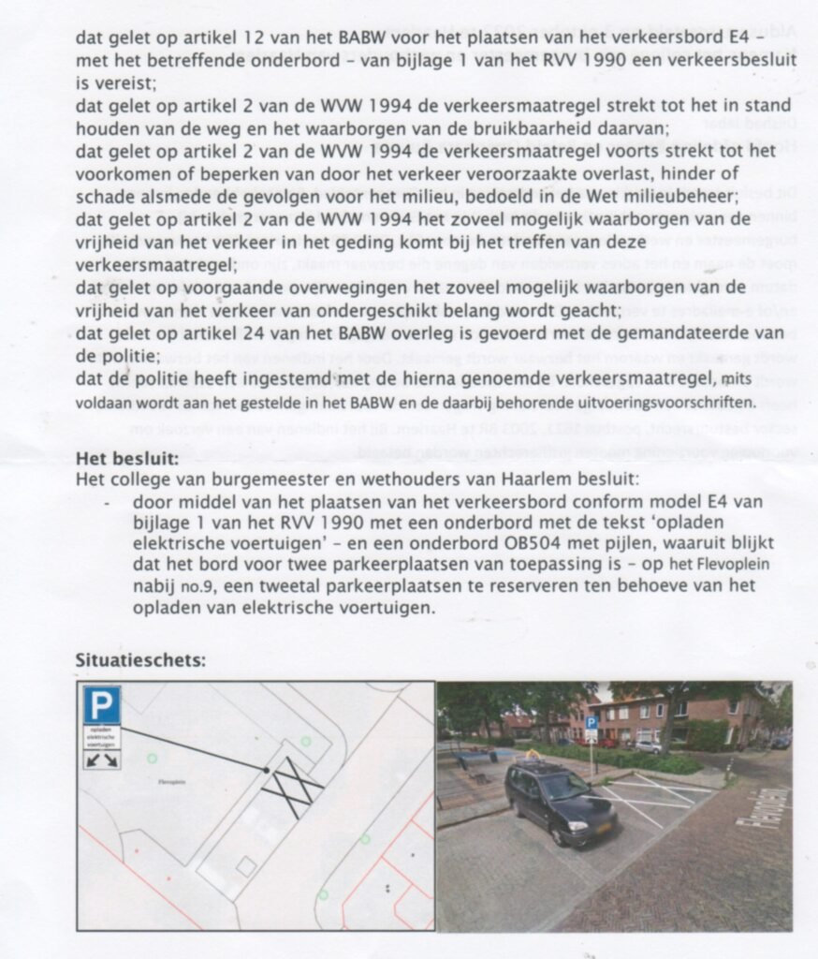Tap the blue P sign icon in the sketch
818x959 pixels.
102,704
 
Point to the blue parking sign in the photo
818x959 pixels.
591,724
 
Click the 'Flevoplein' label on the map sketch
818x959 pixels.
161,777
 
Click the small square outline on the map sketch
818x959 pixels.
245,866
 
